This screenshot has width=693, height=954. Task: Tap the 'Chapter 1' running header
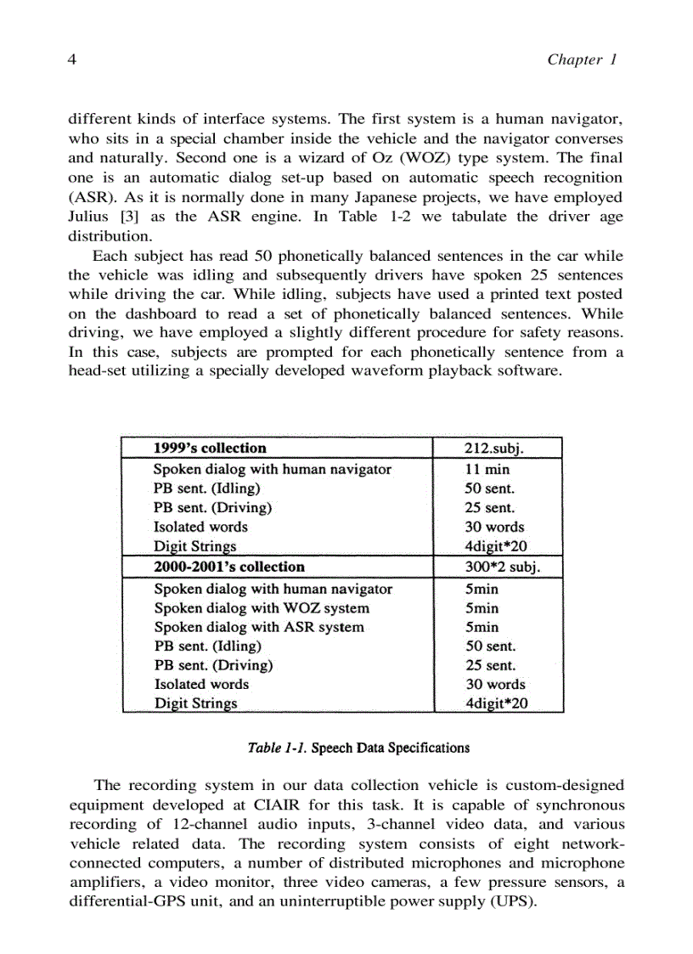(582, 59)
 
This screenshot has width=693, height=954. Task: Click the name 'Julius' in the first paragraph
(88, 216)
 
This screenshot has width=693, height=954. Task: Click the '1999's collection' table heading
(209, 448)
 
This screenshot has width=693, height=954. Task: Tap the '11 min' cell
(487, 469)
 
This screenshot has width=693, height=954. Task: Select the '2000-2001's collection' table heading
(228, 566)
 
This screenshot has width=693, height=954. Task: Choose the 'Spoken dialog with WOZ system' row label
(262, 608)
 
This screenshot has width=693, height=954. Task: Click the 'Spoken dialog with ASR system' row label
(259, 628)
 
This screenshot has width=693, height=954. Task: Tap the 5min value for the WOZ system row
(482, 608)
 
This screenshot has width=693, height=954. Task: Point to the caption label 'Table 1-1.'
(277, 748)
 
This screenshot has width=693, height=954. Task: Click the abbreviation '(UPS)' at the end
(511, 901)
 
